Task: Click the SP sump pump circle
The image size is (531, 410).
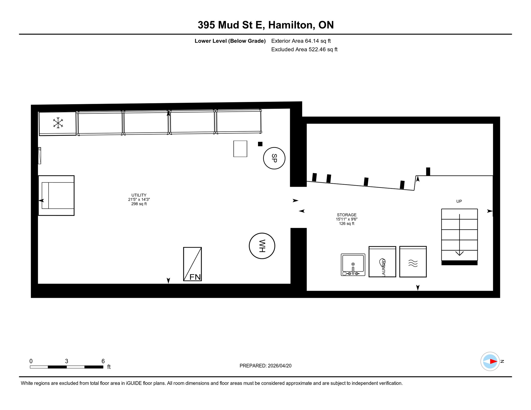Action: pyautogui.click(x=274, y=158)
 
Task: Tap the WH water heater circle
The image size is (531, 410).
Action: pyautogui.click(x=262, y=246)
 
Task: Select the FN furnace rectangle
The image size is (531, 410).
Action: pyautogui.click(x=192, y=264)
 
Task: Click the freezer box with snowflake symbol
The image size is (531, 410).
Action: pyautogui.click(x=58, y=123)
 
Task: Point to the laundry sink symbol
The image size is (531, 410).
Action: pyautogui.click(x=353, y=265)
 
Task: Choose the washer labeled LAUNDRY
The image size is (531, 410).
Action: pyautogui.click(x=382, y=262)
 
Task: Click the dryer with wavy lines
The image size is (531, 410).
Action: pyautogui.click(x=413, y=262)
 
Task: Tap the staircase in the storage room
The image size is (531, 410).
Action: pyautogui.click(x=459, y=235)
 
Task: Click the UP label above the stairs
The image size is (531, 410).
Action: pyautogui.click(x=459, y=201)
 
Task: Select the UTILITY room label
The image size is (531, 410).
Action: pyautogui.click(x=139, y=195)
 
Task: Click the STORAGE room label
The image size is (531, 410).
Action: pyautogui.click(x=346, y=215)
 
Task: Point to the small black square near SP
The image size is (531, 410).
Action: pyautogui.click(x=260, y=144)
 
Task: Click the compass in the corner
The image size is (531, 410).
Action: pyautogui.click(x=490, y=361)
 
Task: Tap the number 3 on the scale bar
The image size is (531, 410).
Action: pyautogui.click(x=67, y=361)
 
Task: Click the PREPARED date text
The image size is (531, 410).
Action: pyautogui.click(x=265, y=366)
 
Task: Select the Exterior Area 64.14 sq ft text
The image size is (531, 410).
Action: pyautogui.click(x=301, y=41)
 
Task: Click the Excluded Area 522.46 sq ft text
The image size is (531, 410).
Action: pyautogui.click(x=304, y=49)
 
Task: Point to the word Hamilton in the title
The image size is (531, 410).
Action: pyautogui.click(x=290, y=25)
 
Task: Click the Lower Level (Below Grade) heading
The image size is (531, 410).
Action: pyautogui.click(x=230, y=41)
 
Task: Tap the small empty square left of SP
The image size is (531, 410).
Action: pyautogui.click(x=240, y=149)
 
